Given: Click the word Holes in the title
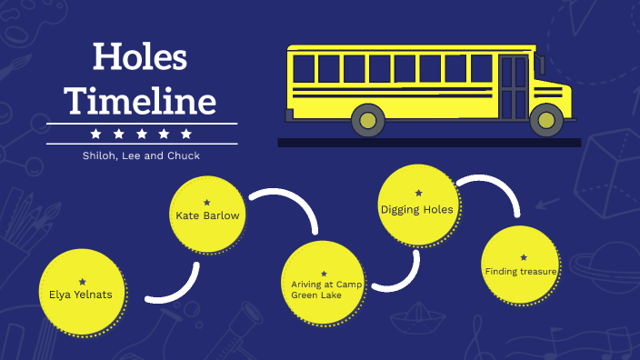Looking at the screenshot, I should tap(141, 58).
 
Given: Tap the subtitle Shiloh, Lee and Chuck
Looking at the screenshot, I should tap(141, 155).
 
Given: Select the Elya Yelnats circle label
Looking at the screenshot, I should tap(81, 295).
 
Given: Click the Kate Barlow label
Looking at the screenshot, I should tap(207, 216).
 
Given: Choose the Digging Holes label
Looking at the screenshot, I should tap(416, 209).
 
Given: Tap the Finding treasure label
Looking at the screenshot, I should tap(521, 271).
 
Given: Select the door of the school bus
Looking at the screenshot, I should tap(514, 86).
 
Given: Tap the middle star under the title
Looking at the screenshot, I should tap(141, 134).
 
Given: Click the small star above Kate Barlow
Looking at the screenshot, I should tap(207, 202).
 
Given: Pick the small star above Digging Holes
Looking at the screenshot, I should tap(417, 193).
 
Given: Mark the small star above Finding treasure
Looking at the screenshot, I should tap(523, 257).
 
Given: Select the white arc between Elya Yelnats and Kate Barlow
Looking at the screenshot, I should tap(178, 289).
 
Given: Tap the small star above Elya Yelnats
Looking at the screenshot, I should tap(83, 281).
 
